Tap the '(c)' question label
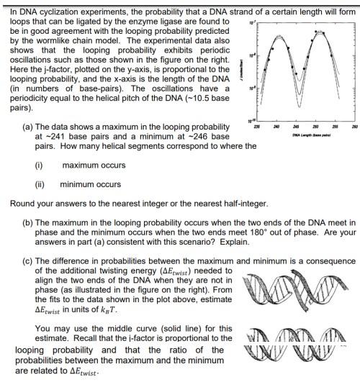(29, 260)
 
